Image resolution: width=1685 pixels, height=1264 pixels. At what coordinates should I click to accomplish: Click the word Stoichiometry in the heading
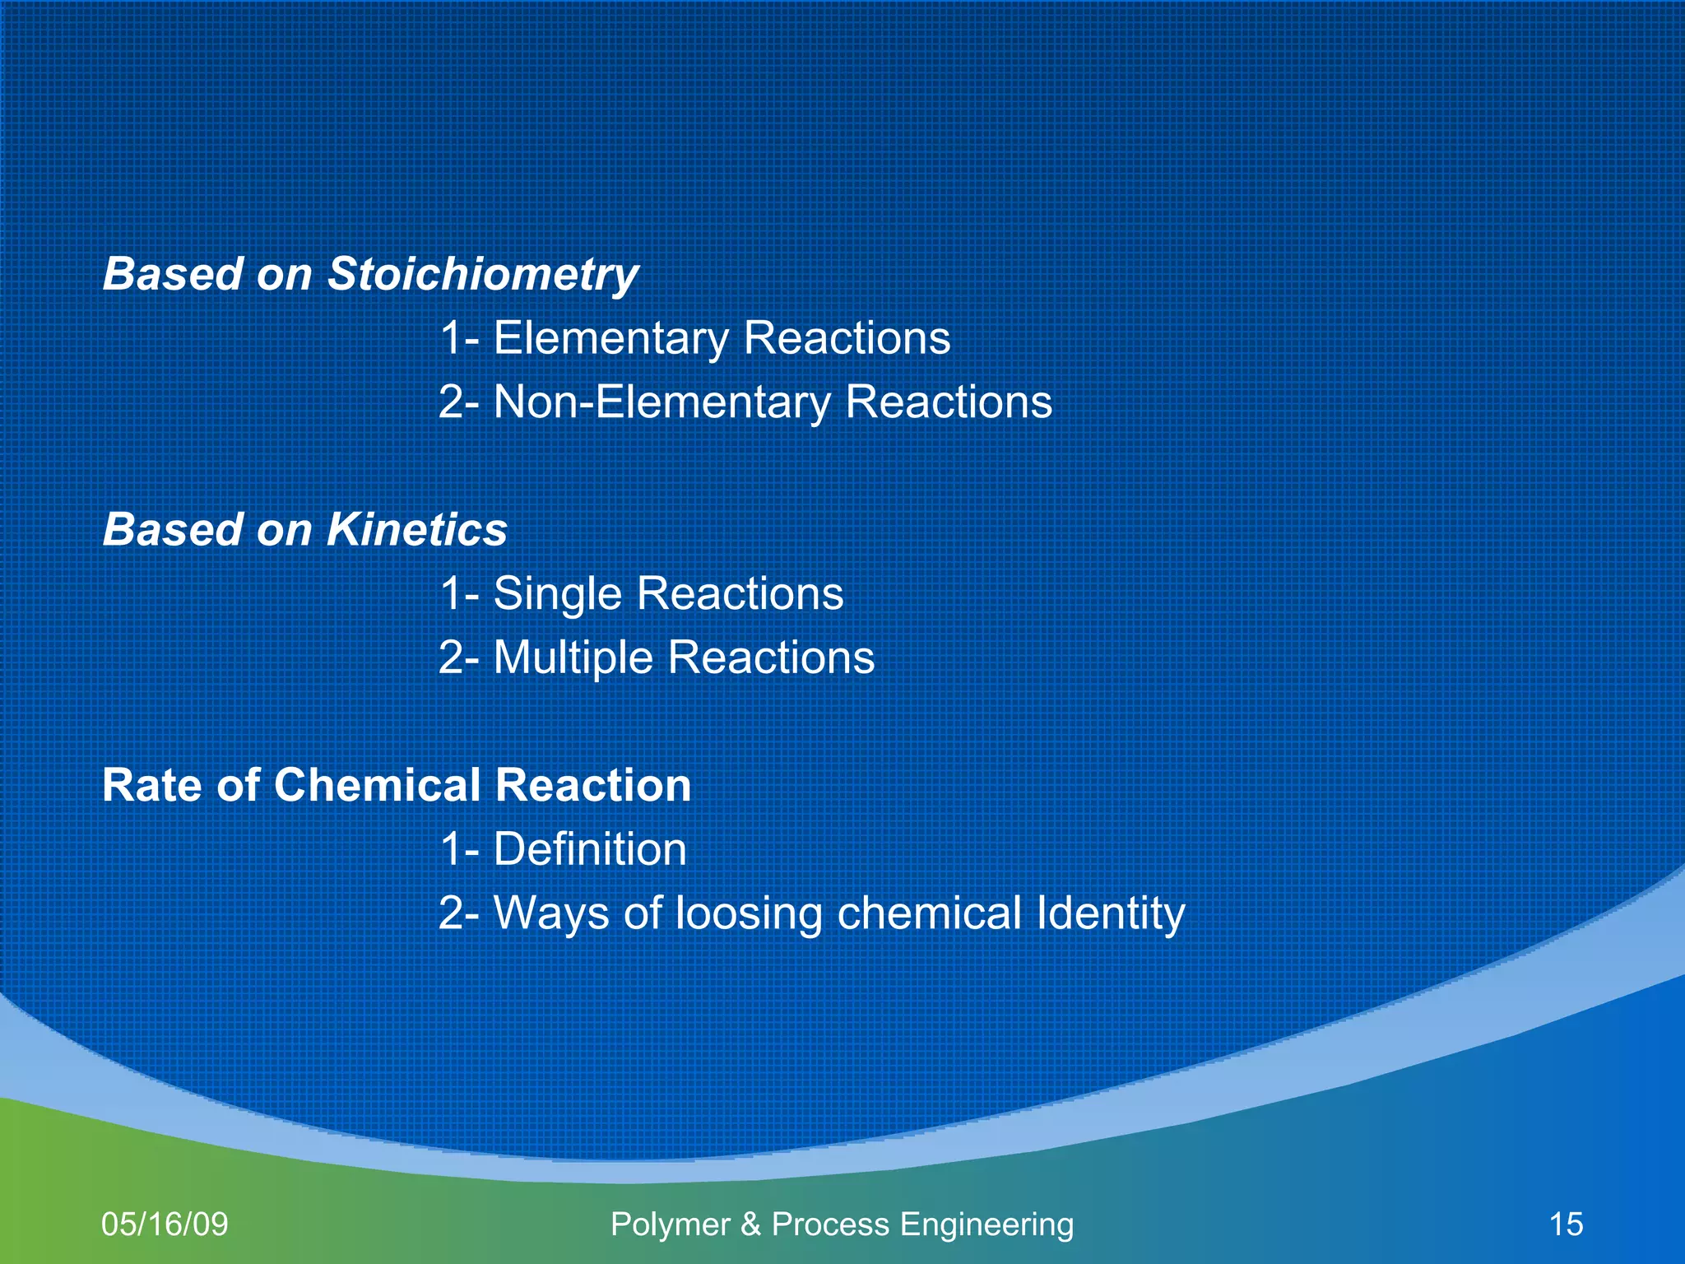pos(483,274)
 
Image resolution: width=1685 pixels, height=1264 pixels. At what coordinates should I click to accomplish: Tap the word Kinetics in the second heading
pos(417,529)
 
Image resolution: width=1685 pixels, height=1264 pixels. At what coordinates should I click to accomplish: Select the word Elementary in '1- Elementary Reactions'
pos(610,338)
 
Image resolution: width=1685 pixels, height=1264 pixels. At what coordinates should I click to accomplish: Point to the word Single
pos(557,593)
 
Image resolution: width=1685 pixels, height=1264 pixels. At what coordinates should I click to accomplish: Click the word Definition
pos(590,849)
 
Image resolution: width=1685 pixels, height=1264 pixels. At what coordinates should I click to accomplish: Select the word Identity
pos(1110,913)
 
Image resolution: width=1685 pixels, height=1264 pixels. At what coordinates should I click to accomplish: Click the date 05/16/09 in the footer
pos(165,1224)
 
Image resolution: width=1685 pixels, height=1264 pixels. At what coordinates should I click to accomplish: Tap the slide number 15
pos(1566,1224)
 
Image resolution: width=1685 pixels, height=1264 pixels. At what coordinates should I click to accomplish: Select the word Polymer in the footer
pos(671,1224)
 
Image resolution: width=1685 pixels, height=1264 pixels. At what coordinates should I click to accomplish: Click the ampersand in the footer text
pos(750,1224)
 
